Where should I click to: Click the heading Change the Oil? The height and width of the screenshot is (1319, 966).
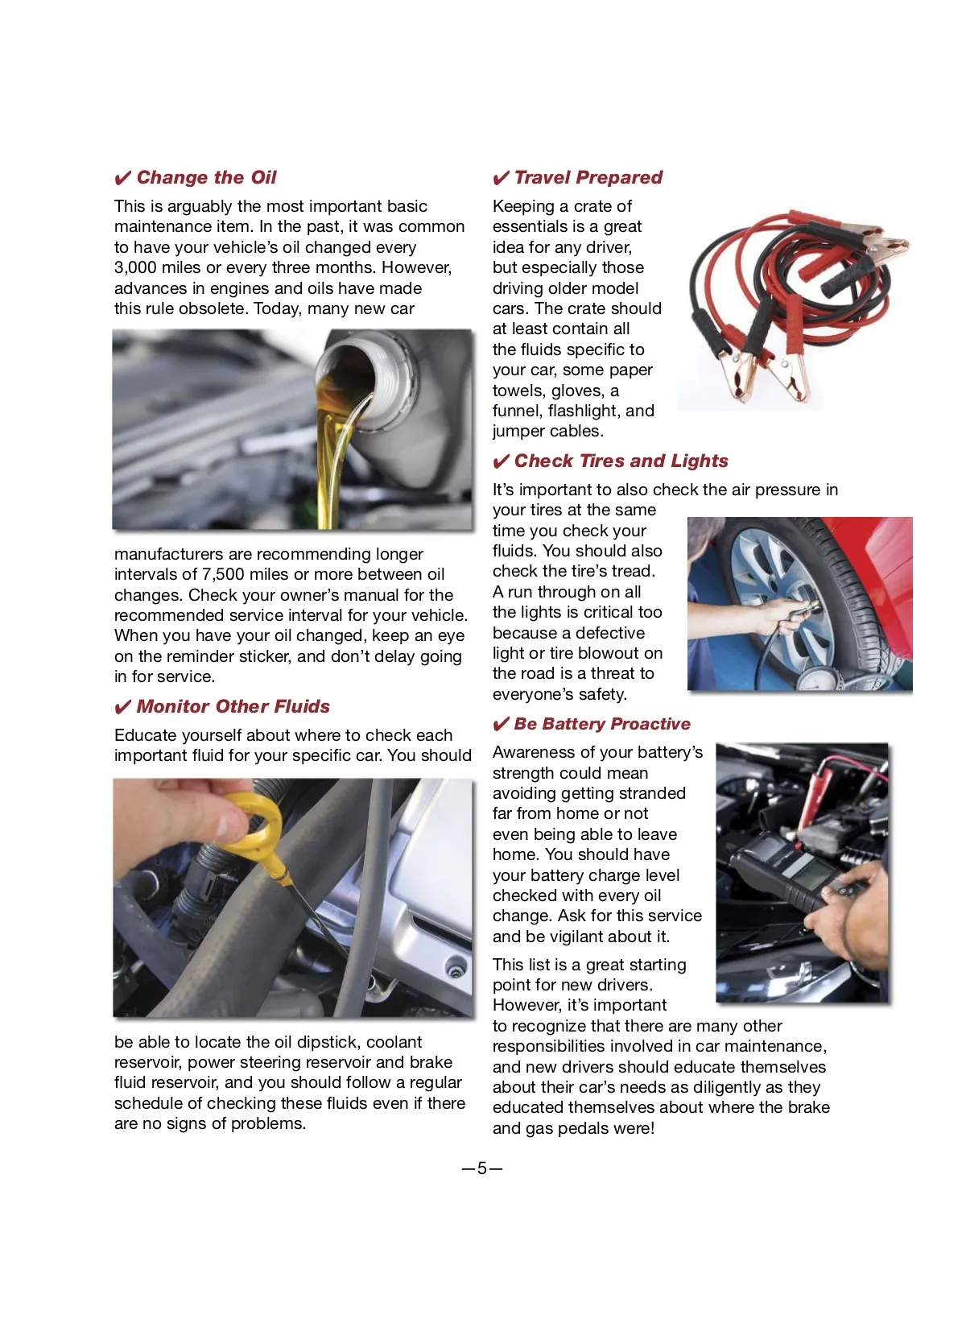(206, 178)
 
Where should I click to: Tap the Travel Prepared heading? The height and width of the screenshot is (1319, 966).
(588, 178)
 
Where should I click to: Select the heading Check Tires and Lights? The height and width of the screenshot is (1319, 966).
(621, 461)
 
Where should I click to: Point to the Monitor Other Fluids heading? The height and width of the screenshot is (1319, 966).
(233, 707)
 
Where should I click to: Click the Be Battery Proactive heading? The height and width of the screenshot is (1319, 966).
(601, 724)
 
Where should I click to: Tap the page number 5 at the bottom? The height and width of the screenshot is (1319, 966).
(482, 1168)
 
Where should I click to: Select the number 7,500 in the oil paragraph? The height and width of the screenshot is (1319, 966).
(222, 575)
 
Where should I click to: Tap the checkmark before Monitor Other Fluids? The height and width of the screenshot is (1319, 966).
(122, 708)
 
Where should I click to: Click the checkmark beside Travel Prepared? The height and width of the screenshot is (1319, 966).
(501, 179)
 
